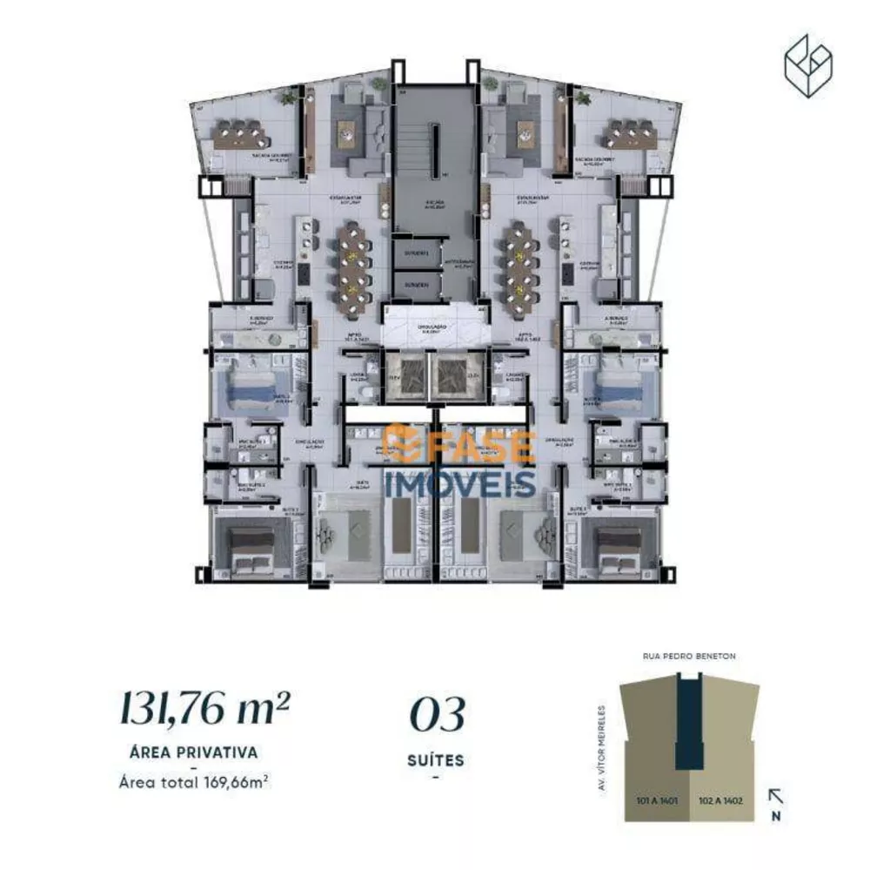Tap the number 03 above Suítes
(437, 715)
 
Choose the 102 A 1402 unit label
(720, 799)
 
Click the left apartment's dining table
(353, 258)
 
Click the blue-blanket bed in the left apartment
(254, 386)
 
